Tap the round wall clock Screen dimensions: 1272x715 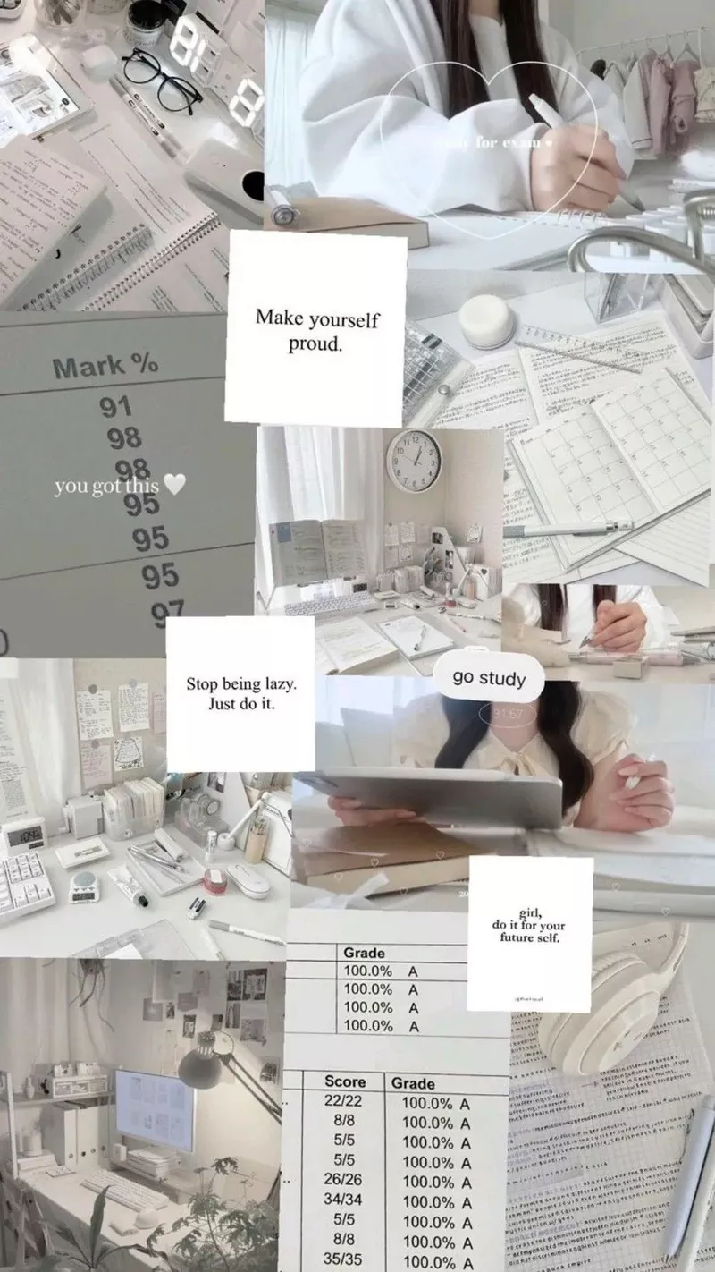click(x=413, y=460)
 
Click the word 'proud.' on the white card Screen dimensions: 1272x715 click(x=315, y=344)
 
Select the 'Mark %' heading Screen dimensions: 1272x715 click(x=105, y=365)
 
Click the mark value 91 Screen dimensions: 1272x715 click(x=115, y=407)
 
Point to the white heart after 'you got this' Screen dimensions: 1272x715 click(x=175, y=485)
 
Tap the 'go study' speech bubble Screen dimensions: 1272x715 click(x=489, y=677)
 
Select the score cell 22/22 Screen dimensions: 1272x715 click(x=344, y=1102)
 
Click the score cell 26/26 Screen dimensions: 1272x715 click(x=344, y=1180)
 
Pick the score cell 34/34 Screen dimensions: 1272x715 click(x=344, y=1200)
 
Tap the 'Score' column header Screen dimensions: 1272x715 click(x=345, y=1081)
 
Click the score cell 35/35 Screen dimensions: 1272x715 click(x=344, y=1258)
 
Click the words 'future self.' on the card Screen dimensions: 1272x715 click(x=529, y=937)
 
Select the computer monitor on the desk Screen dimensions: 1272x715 click(x=155, y=1109)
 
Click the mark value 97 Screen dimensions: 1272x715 click(x=167, y=611)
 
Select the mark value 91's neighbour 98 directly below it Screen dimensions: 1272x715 click(x=124, y=438)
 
